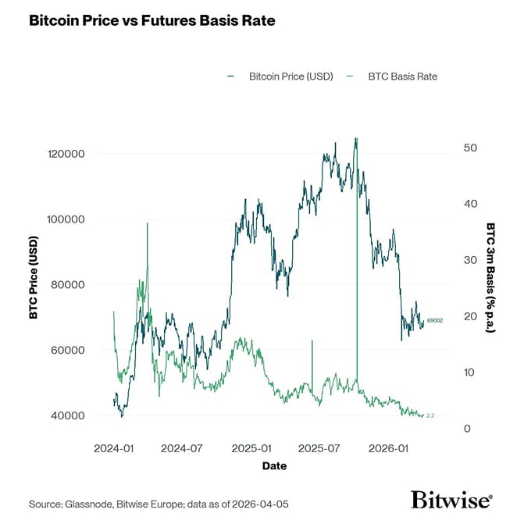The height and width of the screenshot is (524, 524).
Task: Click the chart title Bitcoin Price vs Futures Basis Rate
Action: (x=151, y=20)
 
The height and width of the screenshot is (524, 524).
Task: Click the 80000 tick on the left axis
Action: (x=64, y=284)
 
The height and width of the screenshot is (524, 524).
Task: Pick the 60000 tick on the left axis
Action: (x=64, y=350)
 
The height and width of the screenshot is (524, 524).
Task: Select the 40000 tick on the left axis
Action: (x=64, y=415)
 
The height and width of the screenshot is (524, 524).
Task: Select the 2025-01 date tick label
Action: (x=255, y=449)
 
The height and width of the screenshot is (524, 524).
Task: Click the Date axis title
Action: (x=274, y=466)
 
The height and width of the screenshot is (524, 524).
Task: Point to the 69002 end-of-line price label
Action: (x=435, y=321)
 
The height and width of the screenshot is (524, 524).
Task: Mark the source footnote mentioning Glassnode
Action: (x=159, y=504)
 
